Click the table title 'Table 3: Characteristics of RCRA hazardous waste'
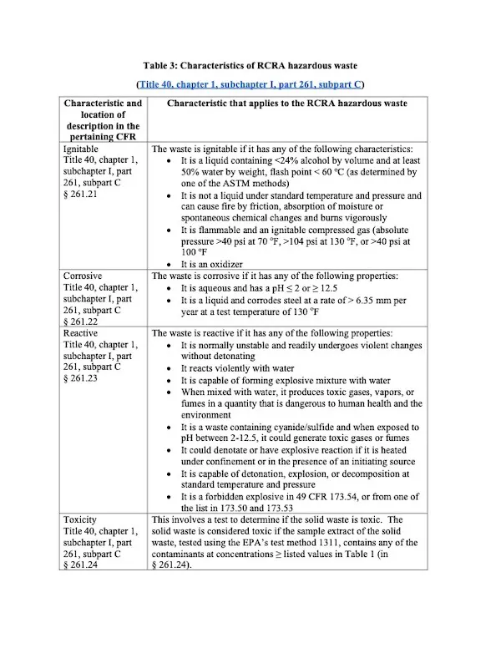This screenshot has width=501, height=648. tap(250, 65)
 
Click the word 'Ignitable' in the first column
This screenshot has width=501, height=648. tap(81, 148)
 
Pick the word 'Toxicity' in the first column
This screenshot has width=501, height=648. tap(81, 519)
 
